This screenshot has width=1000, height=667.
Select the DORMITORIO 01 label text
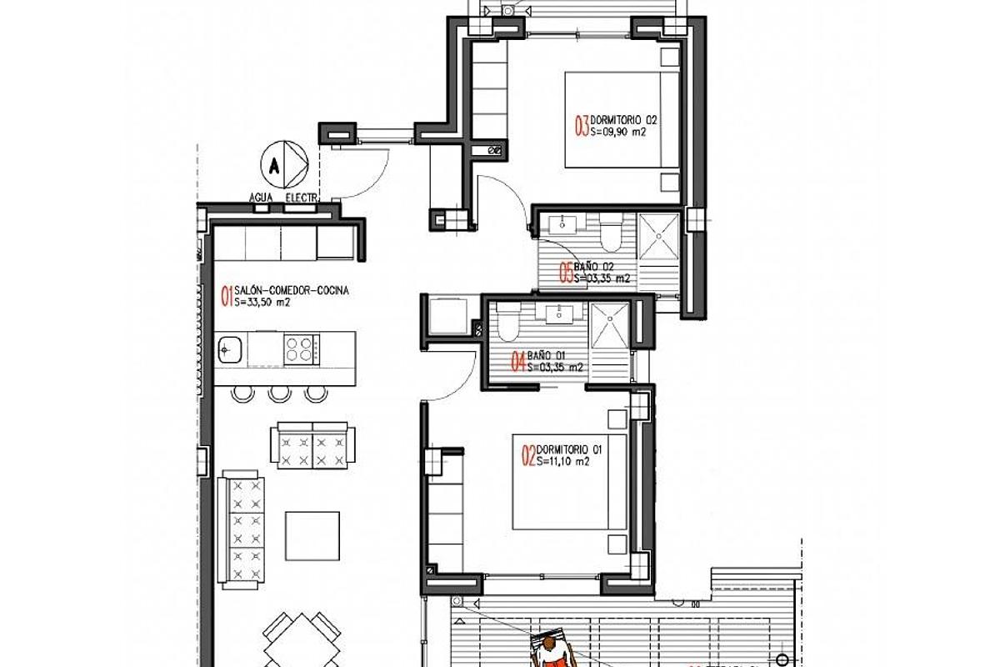click(x=569, y=449)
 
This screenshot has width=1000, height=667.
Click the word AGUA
click(x=262, y=198)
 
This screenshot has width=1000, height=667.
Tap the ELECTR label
click(x=301, y=198)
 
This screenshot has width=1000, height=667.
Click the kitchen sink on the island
click(x=229, y=350)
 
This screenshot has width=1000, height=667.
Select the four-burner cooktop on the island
click(x=300, y=349)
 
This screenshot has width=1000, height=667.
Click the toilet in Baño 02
click(x=612, y=234)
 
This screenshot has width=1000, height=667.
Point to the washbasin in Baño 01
click(x=557, y=314)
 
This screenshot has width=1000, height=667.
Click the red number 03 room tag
click(x=582, y=126)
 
